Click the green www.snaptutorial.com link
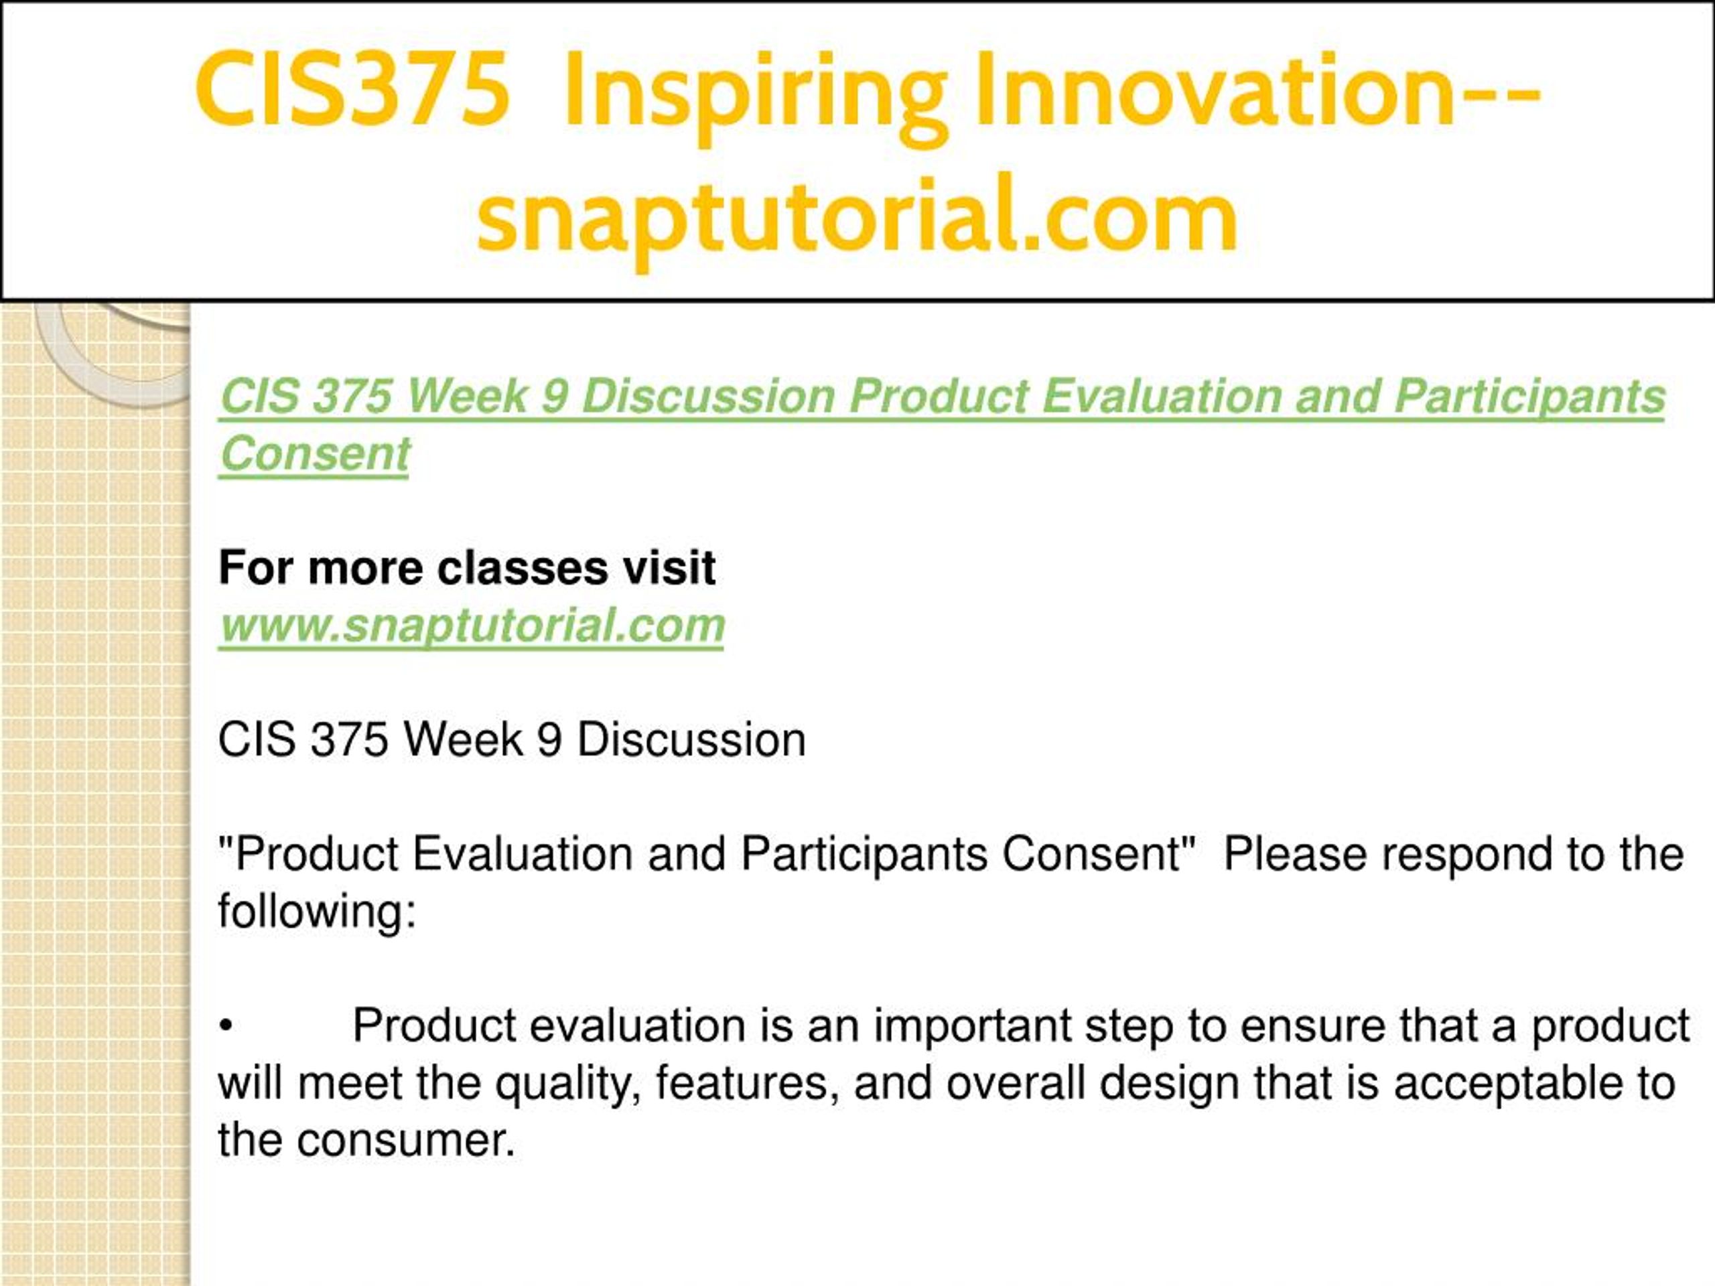click(472, 626)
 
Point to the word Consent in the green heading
click(315, 453)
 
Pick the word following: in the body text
click(317, 912)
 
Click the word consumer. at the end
click(405, 1142)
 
